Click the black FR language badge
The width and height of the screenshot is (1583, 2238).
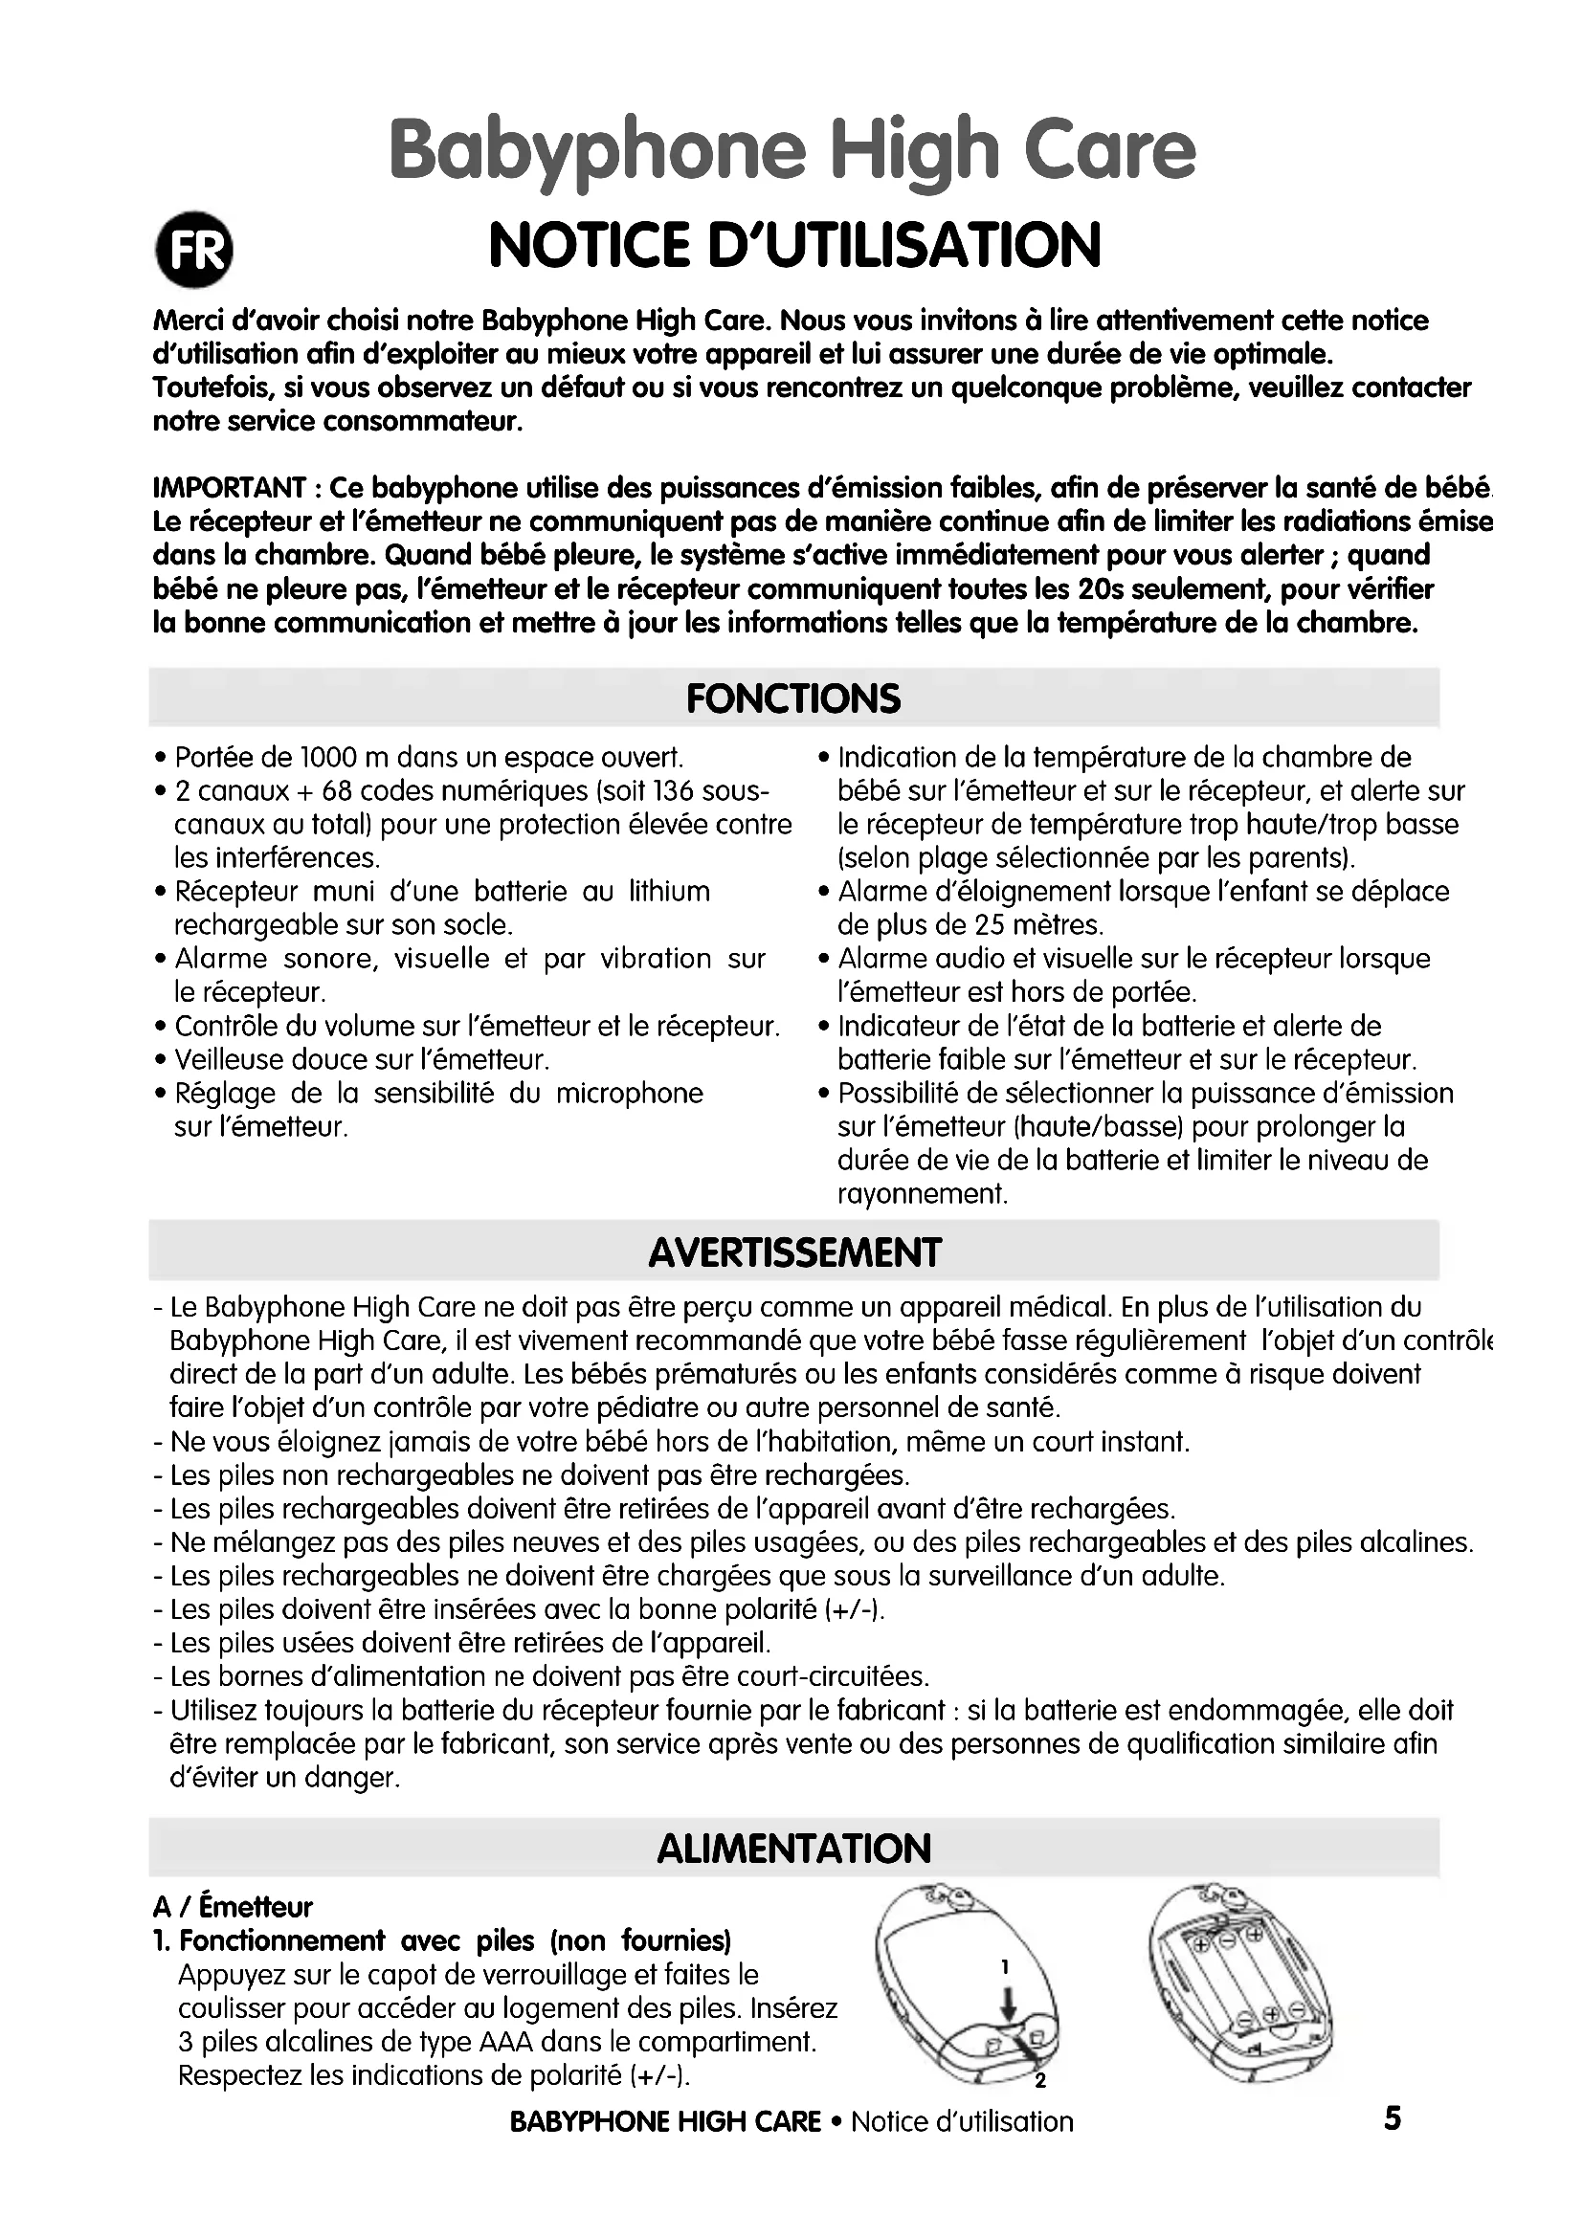pyautogui.click(x=195, y=251)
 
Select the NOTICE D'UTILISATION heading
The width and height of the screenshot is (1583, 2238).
pyautogui.click(x=794, y=245)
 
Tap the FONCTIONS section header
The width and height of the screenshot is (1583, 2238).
pyautogui.click(x=793, y=698)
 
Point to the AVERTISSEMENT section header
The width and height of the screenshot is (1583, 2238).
pyautogui.click(x=794, y=1252)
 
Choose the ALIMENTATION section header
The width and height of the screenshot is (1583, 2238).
pyautogui.click(x=794, y=1850)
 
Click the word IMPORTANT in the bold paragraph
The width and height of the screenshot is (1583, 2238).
pyautogui.click(x=230, y=488)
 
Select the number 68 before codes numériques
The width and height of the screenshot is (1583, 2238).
pyautogui.click(x=337, y=791)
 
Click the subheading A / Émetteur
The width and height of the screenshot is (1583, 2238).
pyautogui.click(x=233, y=1907)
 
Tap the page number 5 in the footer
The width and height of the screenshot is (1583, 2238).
pyautogui.click(x=1392, y=2118)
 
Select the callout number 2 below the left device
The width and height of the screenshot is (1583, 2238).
pyautogui.click(x=1040, y=2082)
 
